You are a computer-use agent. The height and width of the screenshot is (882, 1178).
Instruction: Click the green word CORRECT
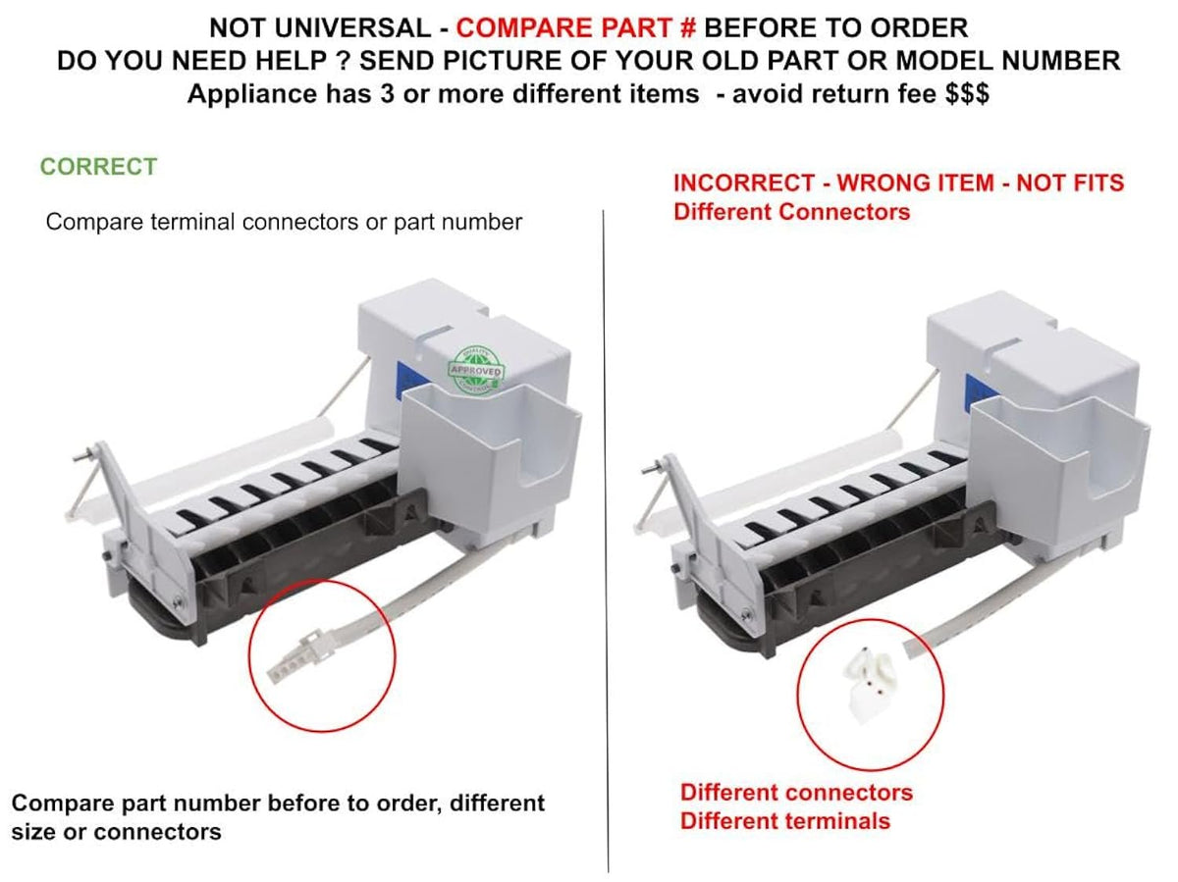pos(99,166)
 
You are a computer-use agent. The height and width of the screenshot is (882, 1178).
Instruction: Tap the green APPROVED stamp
pos(475,370)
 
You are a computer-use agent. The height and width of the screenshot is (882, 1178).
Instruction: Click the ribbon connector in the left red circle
pos(296,655)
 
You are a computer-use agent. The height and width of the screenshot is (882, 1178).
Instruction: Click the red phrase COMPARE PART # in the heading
pos(576,27)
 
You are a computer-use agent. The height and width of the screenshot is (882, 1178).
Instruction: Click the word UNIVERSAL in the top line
pos(352,27)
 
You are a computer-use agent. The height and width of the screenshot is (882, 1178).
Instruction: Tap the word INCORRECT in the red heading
pos(744,182)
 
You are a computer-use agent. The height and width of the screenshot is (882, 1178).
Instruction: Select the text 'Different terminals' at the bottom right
pos(785,821)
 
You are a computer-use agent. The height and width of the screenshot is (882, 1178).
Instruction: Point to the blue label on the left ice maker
pos(409,380)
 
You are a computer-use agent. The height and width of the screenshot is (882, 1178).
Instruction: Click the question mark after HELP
pos(344,61)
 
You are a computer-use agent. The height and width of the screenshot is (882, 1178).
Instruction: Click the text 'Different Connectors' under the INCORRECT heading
pos(791,212)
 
